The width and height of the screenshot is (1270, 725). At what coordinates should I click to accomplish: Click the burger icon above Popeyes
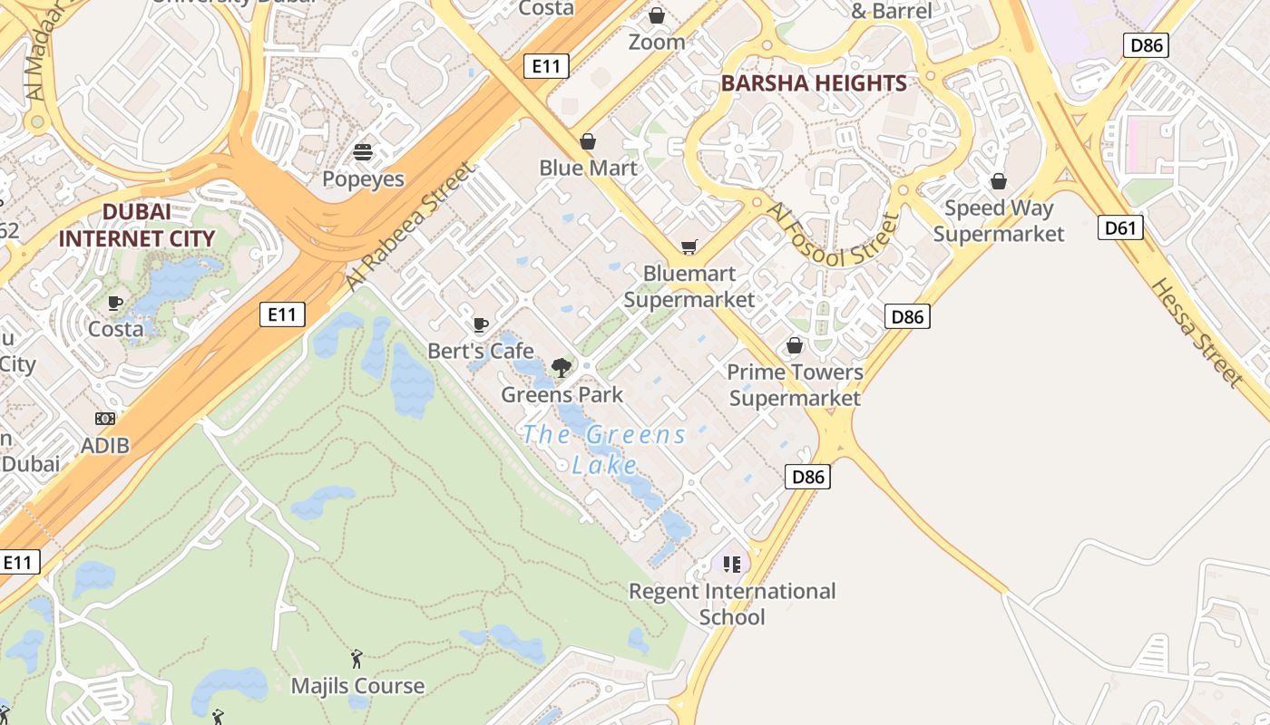coord(363,152)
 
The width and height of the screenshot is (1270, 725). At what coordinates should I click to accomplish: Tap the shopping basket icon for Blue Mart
coord(588,141)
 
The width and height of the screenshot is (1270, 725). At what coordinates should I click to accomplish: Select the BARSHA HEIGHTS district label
coord(814,83)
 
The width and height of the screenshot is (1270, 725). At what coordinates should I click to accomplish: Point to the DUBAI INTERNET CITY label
coord(137,226)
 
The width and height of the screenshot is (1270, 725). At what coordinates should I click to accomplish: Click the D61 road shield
coord(1119,227)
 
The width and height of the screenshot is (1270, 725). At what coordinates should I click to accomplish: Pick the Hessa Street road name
coord(1196,332)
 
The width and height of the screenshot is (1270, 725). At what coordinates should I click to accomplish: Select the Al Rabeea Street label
coord(410,226)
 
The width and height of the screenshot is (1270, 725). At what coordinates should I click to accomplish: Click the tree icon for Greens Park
coord(562,367)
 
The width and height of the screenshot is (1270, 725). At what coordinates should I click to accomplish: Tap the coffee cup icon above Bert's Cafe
coord(481,324)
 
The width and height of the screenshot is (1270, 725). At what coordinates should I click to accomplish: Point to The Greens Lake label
coord(605,449)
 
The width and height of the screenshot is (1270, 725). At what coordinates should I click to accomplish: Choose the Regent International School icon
coord(732,565)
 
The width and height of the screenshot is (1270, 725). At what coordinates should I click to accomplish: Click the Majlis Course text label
coord(357,686)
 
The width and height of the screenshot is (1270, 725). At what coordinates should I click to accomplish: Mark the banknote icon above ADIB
coord(105,419)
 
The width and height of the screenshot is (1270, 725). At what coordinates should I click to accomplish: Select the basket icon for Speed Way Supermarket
coord(999,181)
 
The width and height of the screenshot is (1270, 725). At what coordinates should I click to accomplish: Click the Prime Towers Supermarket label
coord(795,385)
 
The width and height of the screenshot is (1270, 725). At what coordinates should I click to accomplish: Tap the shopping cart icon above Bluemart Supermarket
coord(689,247)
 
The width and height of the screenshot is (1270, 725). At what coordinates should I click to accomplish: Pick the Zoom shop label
coord(657,42)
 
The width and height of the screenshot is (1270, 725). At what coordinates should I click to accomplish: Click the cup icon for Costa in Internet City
coord(115,303)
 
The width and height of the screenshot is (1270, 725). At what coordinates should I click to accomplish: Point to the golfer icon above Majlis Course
coord(357,659)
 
